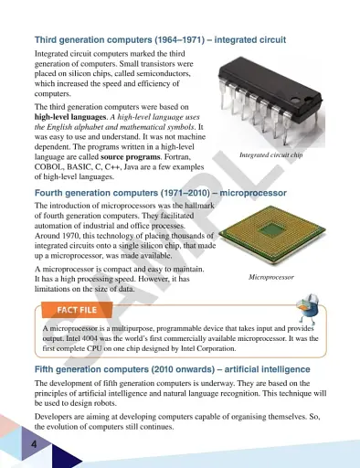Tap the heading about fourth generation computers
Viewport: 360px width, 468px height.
pyautogui.click(x=160, y=194)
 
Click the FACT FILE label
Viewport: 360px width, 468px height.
pyautogui.click(x=78, y=311)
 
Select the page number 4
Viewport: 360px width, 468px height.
pyautogui.click(x=34, y=443)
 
